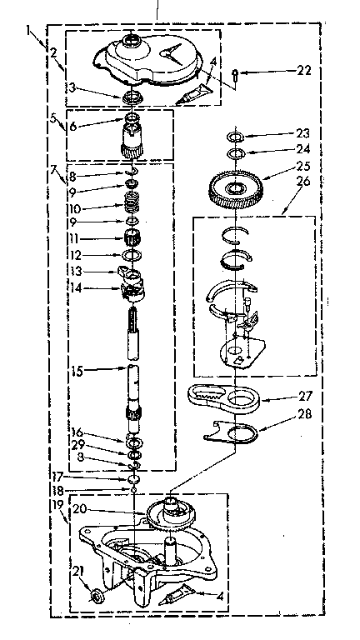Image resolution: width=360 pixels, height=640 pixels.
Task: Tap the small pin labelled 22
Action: coord(237,77)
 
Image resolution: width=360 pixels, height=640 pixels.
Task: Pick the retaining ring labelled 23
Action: coord(236,136)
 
